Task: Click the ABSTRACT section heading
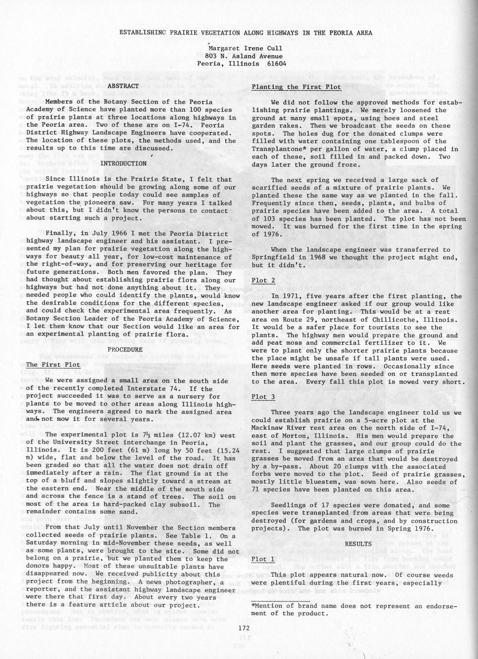click(x=123, y=86)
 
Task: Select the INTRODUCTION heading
click(x=123, y=164)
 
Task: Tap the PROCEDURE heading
click(x=125, y=350)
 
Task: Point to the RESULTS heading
click(x=358, y=544)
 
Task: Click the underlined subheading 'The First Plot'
click(x=53, y=365)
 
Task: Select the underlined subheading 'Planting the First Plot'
click(x=296, y=87)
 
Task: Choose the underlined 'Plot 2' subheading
click(x=263, y=281)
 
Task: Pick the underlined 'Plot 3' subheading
click(x=263, y=397)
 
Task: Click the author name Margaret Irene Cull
click(x=245, y=48)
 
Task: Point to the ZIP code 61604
click(x=277, y=64)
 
